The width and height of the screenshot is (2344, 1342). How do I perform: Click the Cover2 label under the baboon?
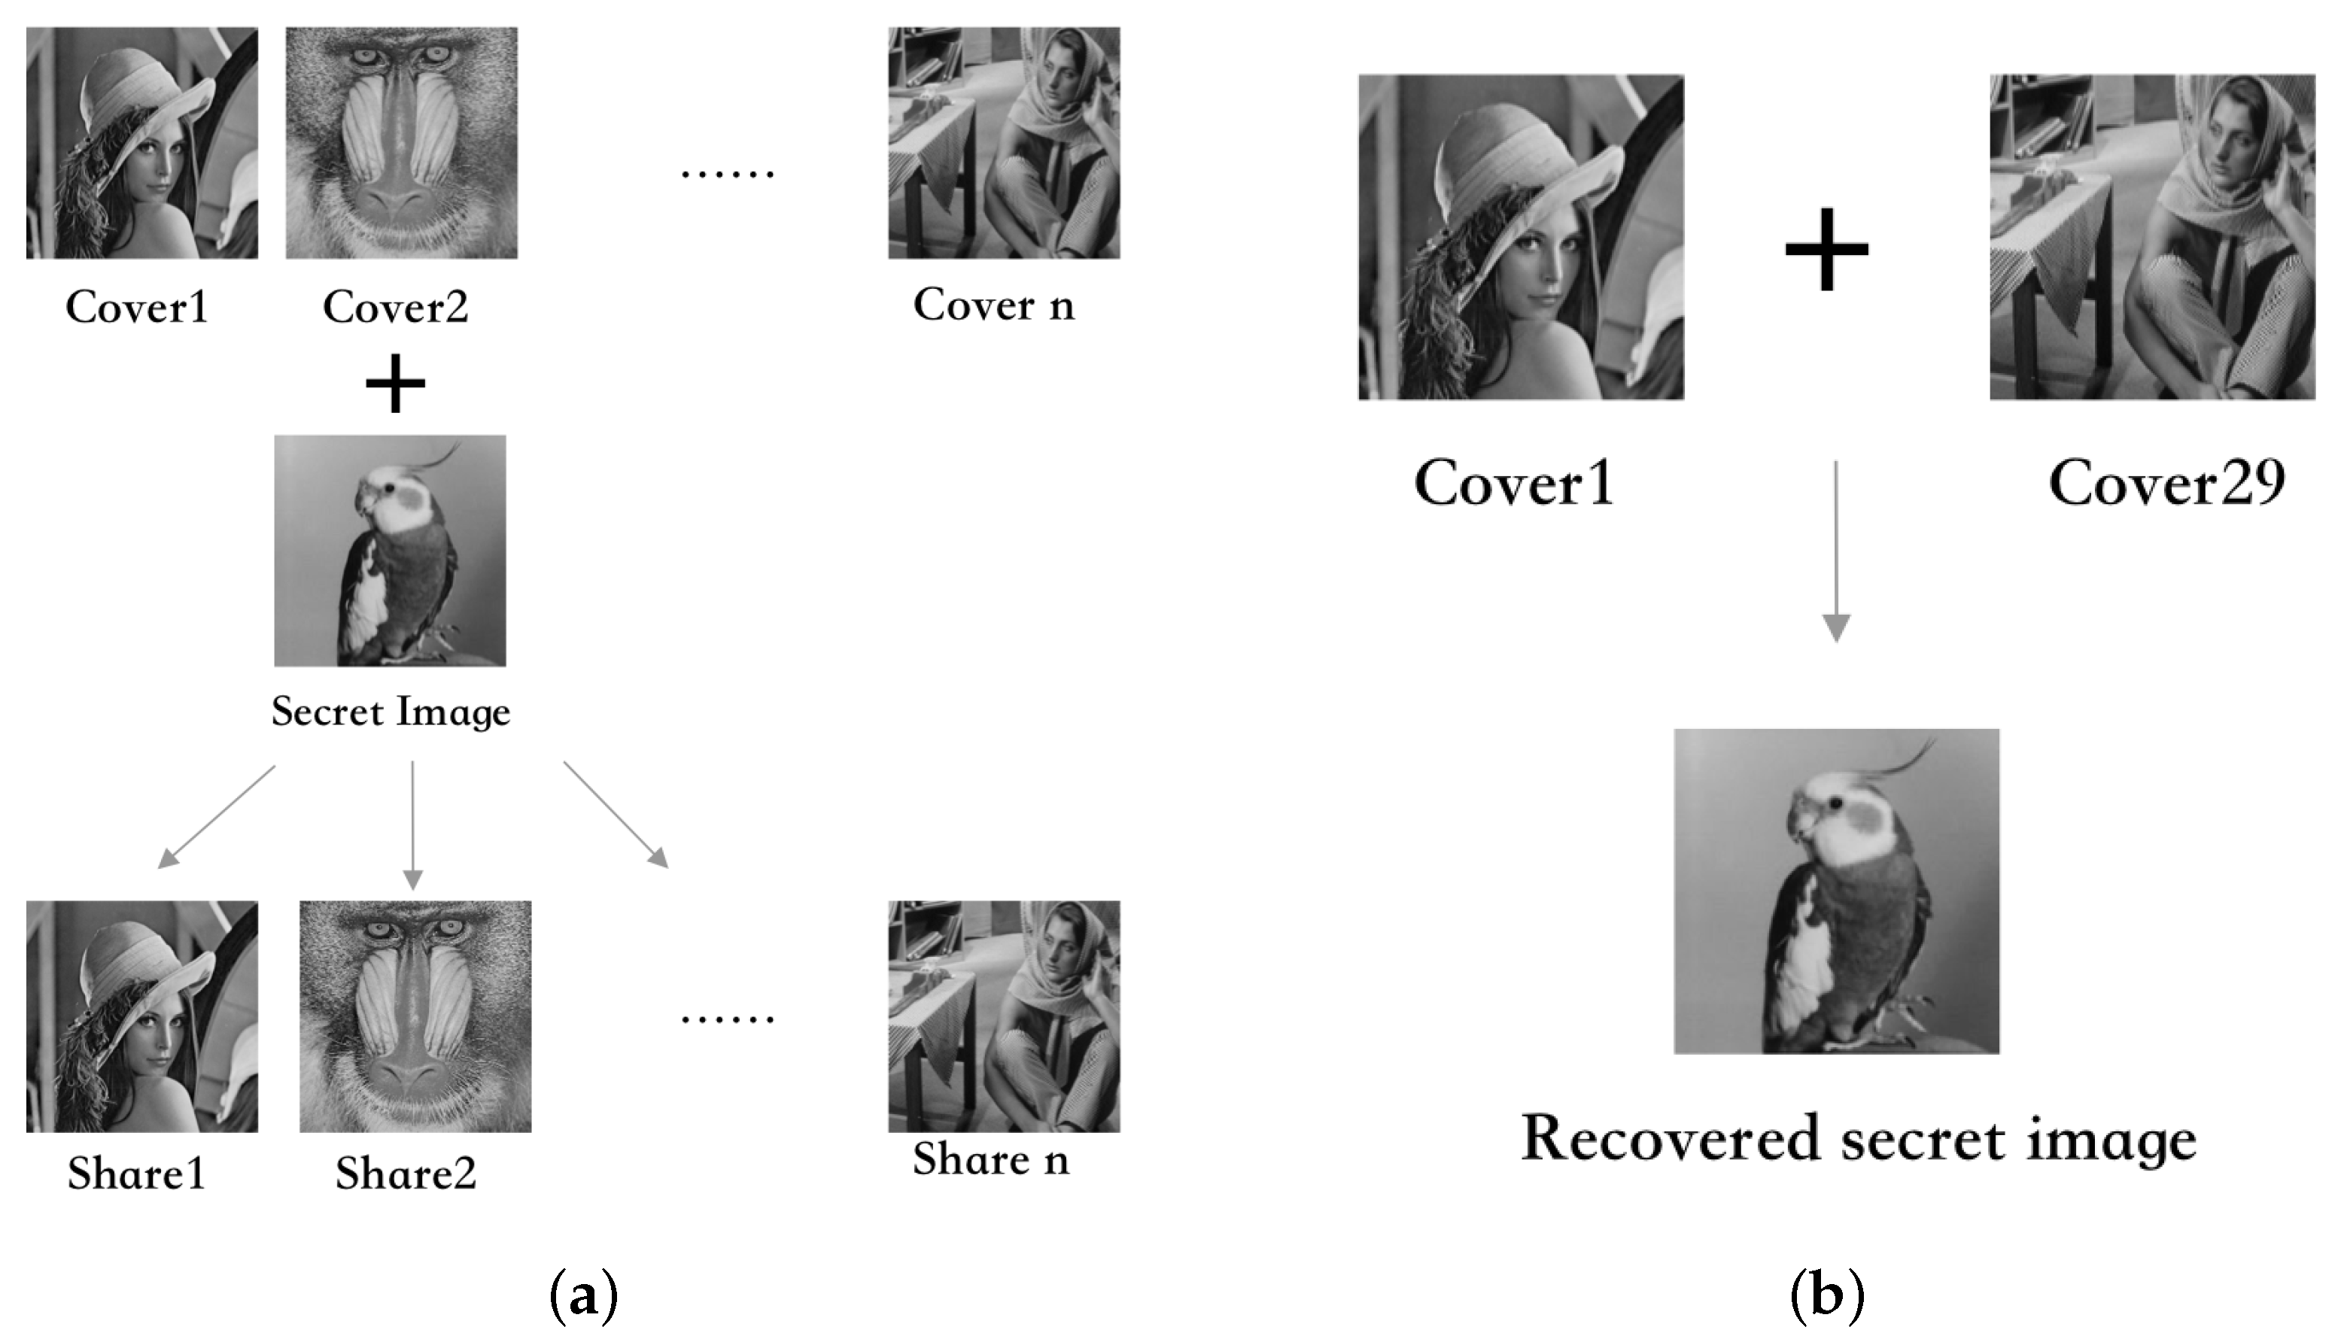(x=395, y=307)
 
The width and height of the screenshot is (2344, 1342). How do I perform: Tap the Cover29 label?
(x=2167, y=482)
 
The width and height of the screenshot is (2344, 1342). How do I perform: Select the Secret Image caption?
(x=391, y=712)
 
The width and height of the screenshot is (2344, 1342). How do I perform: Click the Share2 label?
(x=406, y=1173)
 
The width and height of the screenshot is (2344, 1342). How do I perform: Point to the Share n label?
(x=992, y=1159)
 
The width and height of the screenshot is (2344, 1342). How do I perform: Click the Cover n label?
(x=993, y=305)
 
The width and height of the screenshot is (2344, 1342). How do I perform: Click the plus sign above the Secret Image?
(x=395, y=384)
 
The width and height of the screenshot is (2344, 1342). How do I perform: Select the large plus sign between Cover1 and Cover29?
(x=1827, y=250)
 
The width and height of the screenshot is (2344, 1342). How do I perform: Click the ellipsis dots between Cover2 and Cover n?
(x=727, y=173)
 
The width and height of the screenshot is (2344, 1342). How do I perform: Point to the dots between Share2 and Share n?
(x=727, y=1019)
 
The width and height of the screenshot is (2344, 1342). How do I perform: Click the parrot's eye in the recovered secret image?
(x=1836, y=803)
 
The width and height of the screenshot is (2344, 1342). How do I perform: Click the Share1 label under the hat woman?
(x=136, y=1173)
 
